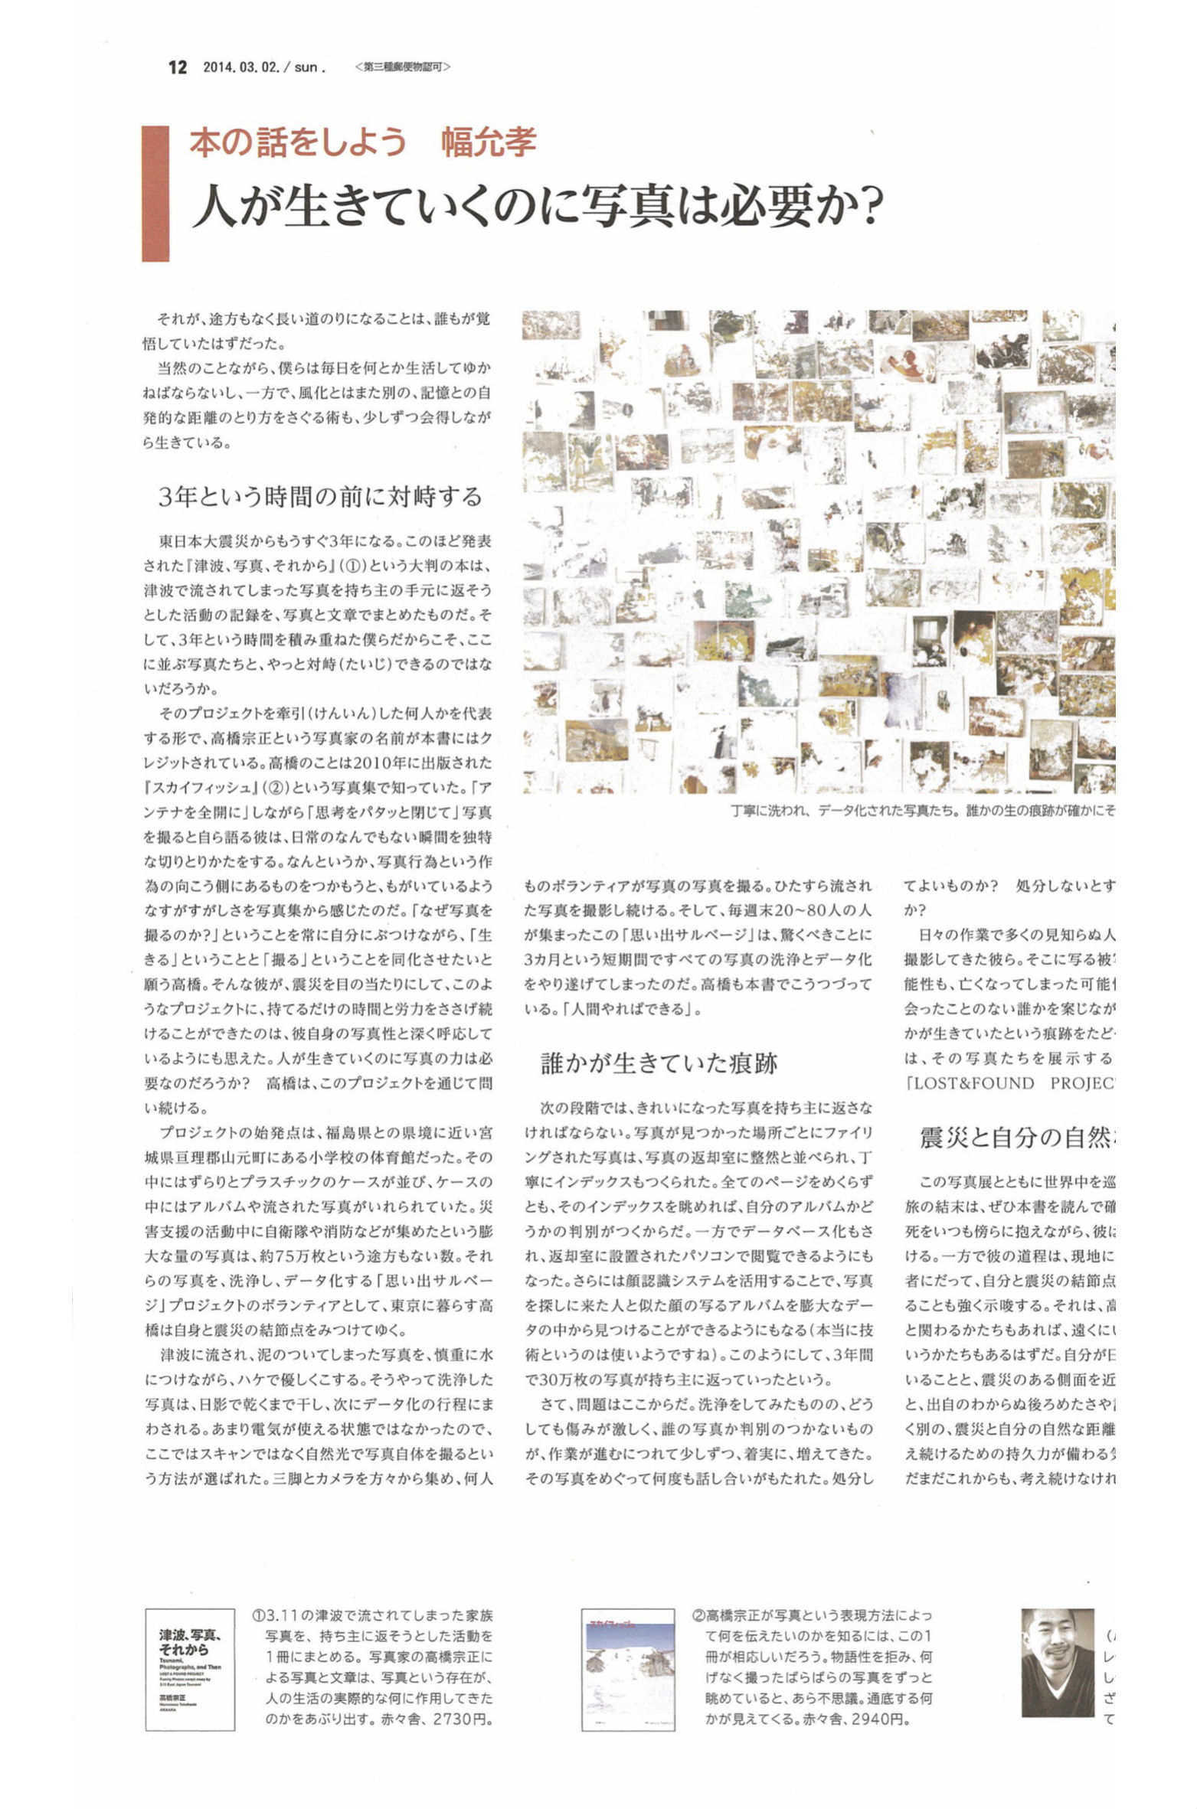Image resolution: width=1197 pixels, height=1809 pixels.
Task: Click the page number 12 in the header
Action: click(x=177, y=67)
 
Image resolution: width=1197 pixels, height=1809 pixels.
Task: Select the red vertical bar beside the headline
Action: click(x=155, y=193)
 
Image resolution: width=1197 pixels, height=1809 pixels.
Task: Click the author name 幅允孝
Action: click(x=489, y=143)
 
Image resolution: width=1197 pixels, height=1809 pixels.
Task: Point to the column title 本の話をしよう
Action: click(x=298, y=143)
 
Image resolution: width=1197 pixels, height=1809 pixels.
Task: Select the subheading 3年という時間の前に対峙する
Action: click(x=320, y=498)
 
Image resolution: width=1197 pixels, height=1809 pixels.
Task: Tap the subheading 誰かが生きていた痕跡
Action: click(x=659, y=1063)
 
